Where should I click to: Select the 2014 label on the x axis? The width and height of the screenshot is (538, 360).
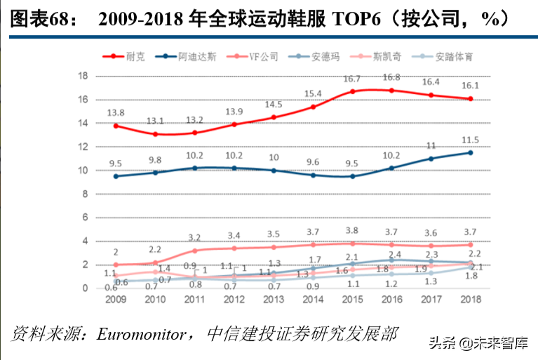tap(312, 299)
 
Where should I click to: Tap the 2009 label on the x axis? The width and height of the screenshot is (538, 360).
tap(115, 299)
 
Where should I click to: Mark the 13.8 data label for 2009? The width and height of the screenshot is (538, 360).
tap(115, 112)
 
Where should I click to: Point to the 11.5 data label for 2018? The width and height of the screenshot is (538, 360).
tap(470, 140)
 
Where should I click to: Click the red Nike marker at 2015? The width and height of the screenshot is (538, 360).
tap(352, 91)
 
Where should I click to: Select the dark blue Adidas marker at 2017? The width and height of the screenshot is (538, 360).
tap(431, 159)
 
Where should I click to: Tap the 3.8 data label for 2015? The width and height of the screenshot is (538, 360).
tap(352, 231)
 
